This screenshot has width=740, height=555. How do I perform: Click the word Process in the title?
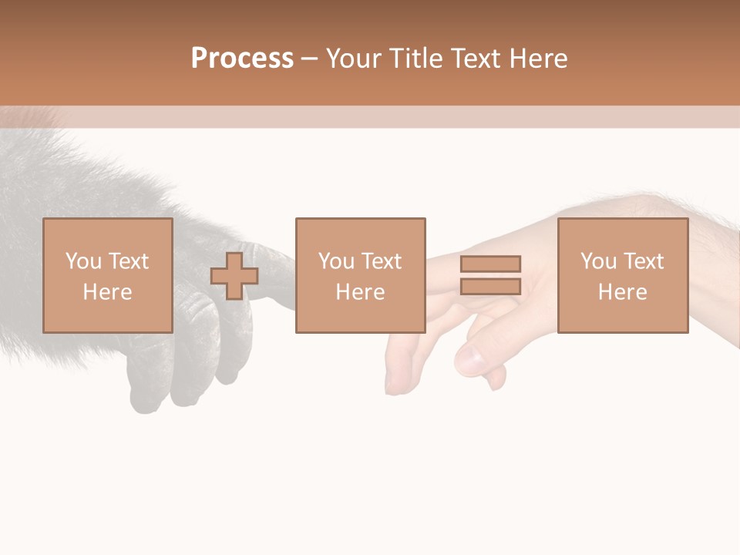(x=242, y=59)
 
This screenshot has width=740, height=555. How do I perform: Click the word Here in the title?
(x=540, y=59)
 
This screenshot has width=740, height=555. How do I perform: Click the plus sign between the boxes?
(x=234, y=276)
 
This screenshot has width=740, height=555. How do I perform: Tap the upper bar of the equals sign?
(x=490, y=264)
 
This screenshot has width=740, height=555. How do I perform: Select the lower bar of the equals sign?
(x=490, y=286)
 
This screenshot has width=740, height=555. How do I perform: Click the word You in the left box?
(x=83, y=261)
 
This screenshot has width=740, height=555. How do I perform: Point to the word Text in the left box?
(x=127, y=261)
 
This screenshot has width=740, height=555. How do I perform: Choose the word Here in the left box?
(x=107, y=292)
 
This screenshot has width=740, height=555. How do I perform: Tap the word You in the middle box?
(x=336, y=261)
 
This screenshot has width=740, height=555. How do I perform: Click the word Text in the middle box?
(x=380, y=261)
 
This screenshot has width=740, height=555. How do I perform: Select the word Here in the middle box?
(x=360, y=292)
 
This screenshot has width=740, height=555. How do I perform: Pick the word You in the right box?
(x=598, y=261)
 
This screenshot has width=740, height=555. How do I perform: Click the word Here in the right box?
(x=622, y=292)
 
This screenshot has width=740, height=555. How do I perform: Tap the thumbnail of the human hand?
(x=468, y=359)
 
